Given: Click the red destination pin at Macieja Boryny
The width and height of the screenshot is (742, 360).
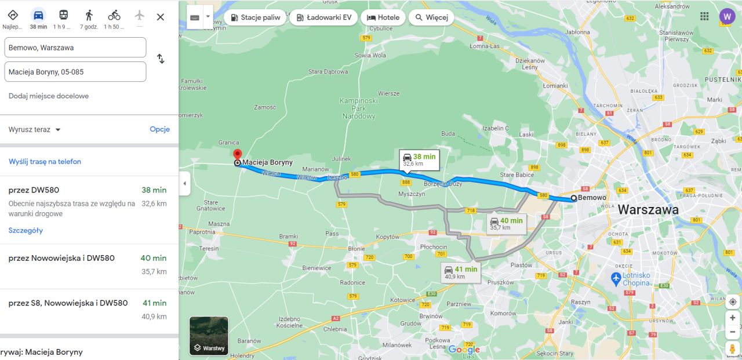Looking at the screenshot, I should tap(237, 155).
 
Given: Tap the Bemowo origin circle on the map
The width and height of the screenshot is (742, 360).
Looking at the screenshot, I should tap(574, 198).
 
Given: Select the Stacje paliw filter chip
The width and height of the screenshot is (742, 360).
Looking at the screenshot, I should tap(254, 17).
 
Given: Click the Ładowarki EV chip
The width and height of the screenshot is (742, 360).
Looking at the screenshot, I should tap(323, 17).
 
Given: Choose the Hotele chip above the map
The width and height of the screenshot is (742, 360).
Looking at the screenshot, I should tap(383, 17).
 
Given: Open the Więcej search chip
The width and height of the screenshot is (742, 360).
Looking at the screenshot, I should tap(431, 17).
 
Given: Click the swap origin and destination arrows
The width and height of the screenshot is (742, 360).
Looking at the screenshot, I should tap(161, 59).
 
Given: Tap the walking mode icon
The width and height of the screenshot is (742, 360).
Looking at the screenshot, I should tap(89, 15).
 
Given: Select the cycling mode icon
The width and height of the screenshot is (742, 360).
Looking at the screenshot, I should tap(114, 15).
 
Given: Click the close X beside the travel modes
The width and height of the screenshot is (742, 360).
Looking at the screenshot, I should tap(161, 17).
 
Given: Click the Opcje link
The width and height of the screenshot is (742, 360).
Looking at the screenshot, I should tap(159, 129).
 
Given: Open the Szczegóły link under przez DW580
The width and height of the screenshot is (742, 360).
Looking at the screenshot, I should tap(26, 230).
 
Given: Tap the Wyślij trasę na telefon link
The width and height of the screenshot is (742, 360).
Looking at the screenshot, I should tap(45, 162).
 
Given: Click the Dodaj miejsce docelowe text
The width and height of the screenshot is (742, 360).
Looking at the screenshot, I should tap(49, 96).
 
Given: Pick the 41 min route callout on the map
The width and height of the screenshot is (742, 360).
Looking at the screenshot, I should tap(460, 272).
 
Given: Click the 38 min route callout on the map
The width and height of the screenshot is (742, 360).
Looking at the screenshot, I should tap(419, 159).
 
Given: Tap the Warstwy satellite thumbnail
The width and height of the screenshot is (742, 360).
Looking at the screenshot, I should tap(209, 336).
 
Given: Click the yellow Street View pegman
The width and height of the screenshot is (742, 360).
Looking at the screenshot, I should tap(733, 348).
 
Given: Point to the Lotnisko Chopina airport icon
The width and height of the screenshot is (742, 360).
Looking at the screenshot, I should tap(616, 279).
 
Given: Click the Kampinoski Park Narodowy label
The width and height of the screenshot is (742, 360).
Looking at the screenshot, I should tap(359, 108).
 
